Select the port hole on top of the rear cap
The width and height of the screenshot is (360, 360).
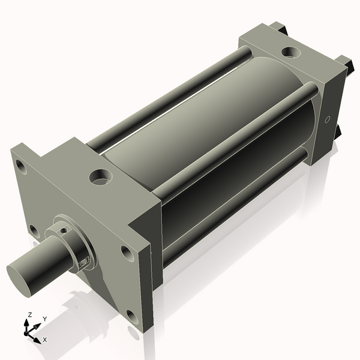click(x=291, y=53)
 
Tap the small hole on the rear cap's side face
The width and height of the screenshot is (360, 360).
click(x=327, y=120)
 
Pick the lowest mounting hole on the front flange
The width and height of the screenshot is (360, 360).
click(x=131, y=316)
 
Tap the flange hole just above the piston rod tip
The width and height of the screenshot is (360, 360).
click(x=34, y=230)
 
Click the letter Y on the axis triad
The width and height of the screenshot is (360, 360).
click(x=45, y=319)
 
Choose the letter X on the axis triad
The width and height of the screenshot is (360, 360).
click(x=45, y=340)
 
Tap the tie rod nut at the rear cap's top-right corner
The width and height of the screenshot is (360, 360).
click(x=343, y=62)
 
